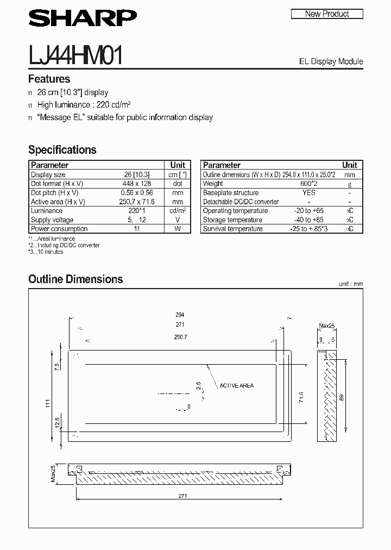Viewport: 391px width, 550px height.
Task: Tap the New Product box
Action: (327, 14)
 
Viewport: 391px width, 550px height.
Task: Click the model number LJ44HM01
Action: (75, 56)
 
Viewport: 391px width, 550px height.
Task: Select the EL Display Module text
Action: (331, 61)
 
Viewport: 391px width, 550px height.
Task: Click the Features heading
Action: (49, 79)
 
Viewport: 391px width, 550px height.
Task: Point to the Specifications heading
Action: (62, 149)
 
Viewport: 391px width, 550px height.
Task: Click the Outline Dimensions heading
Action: (75, 279)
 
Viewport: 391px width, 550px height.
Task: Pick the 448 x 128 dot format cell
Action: (136, 184)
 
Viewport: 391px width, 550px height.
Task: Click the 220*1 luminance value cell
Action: (136, 211)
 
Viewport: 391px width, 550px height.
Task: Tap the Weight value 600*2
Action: (308, 184)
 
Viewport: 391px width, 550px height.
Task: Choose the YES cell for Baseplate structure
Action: (308, 193)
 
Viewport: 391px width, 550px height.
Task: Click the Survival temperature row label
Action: (232, 229)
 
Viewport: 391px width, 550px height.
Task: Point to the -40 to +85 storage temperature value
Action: (308, 220)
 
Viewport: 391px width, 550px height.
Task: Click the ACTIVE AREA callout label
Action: (236, 386)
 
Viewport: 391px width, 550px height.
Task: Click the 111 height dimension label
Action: (48, 404)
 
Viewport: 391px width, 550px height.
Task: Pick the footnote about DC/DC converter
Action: (64, 246)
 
